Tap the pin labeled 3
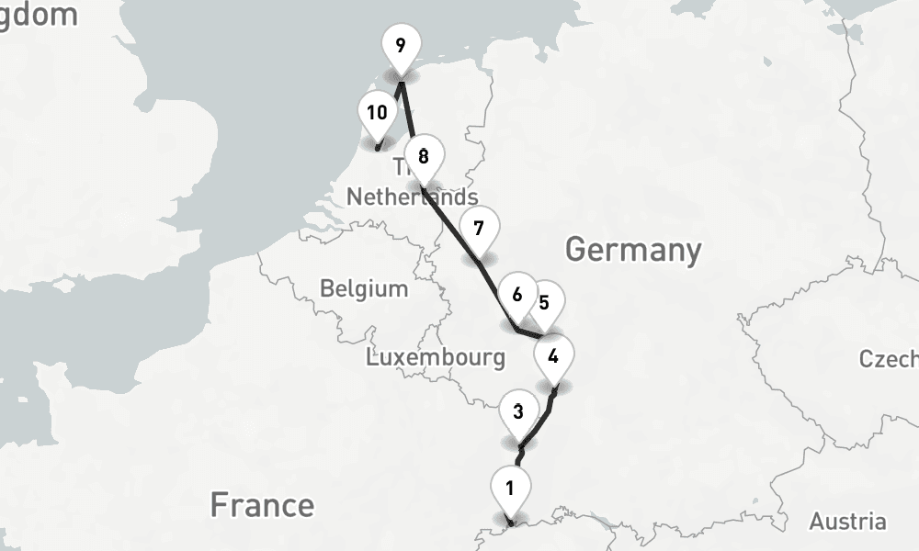point(519,413)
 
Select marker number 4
point(553,356)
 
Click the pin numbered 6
point(516,295)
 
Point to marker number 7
point(479,229)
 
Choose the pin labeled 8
point(423,157)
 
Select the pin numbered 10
point(377,114)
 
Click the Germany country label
point(633,249)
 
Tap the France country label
point(262,504)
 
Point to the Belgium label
point(364,288)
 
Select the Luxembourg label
point(436,357)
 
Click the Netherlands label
point(412,197)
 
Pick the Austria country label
point(847,522)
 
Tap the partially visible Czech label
point(890,358)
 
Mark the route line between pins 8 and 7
point(450,225)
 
